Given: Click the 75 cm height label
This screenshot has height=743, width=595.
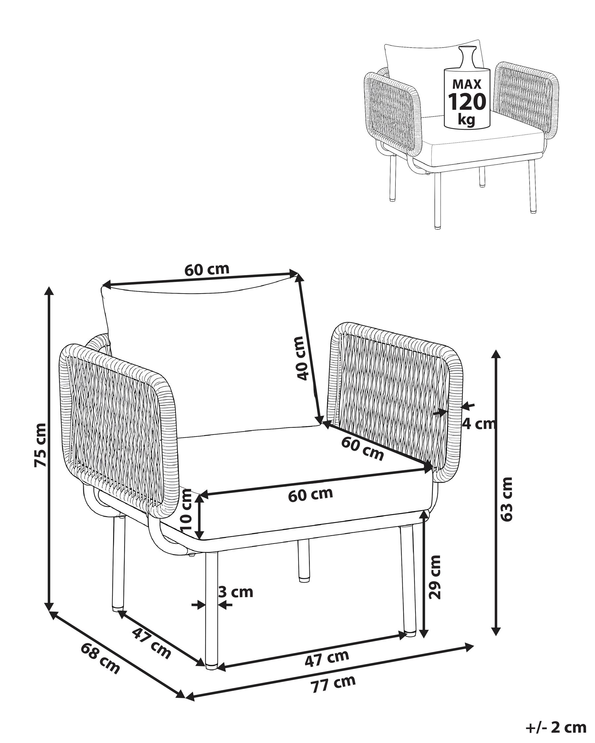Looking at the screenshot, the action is pyautogui.click(x=40, y=445).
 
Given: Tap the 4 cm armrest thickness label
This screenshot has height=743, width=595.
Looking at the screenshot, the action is pyautogui.click(x=479, y=424).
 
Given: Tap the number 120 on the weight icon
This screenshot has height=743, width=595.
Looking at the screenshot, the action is pyautogui.click(x=467, y=101).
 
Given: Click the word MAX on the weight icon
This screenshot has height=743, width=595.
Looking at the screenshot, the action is pyautogui.click(x=467, y=84).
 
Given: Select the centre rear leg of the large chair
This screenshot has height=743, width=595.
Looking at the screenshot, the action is pyautogui.click(x=304, y=560).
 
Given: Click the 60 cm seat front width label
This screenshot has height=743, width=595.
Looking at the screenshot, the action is pyautogui.click(x=311, y=495).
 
